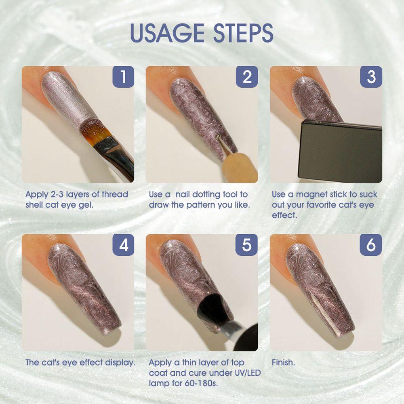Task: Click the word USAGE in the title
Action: click(x=167, y=33)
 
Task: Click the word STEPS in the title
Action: click(x=243, y=33)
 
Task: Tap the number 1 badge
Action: click(x=123, y=77)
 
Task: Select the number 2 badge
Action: click(x=247, y=77)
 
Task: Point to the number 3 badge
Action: click(x=371, y=77)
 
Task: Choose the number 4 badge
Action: click(x=123, y=245)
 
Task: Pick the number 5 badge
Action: click(x=246, y=245)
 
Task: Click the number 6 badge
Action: click(x=371, y=245)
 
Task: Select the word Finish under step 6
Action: click(x=284, y=362)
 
